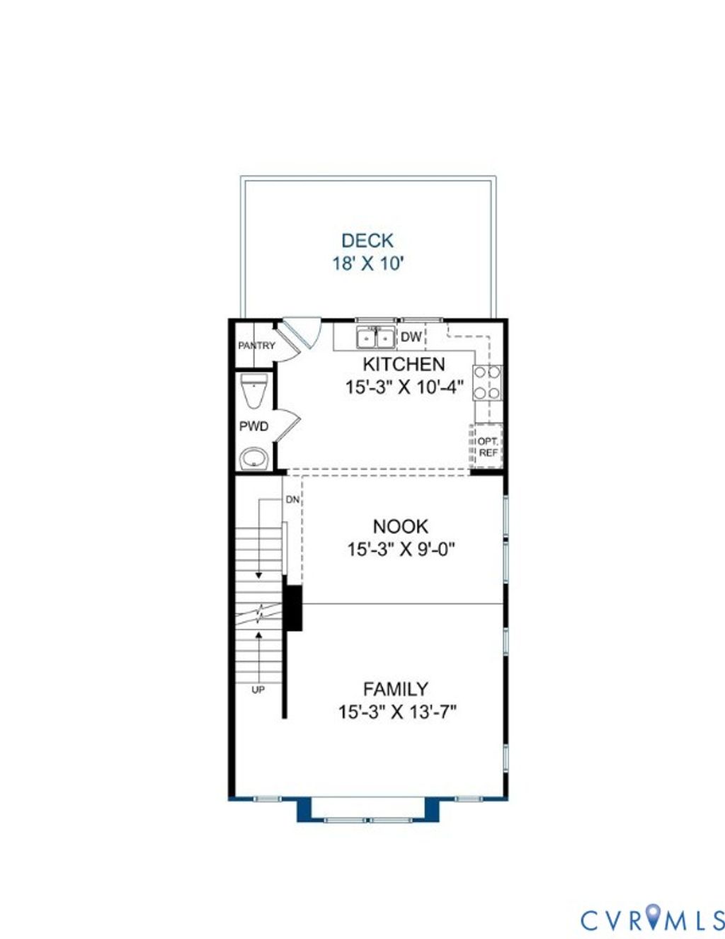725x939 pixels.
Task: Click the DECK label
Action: [x=367, y=241]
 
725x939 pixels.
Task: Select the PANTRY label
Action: [x=256, y=346]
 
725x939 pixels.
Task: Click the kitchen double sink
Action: [x=375, y=338]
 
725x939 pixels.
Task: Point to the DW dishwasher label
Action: [x=411, y=337]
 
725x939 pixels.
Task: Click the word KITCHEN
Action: [x=404, y=364]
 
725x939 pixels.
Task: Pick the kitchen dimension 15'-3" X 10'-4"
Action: [x=404, y=387]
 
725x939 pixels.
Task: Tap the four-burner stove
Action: [x=487, y=382]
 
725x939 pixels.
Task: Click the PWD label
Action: [x=254, y=426]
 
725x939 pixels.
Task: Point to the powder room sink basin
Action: [x=254, y=458]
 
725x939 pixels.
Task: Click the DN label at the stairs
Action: [x=292, y=500]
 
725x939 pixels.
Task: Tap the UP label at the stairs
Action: [x=258, y=690]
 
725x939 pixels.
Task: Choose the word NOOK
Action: [x=401, y=527]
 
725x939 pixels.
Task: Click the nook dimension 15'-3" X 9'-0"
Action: [x=401, y=550]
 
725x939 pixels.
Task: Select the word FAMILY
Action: [x=396, y=689]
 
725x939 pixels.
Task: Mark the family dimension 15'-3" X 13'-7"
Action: [x=397, y=712]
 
